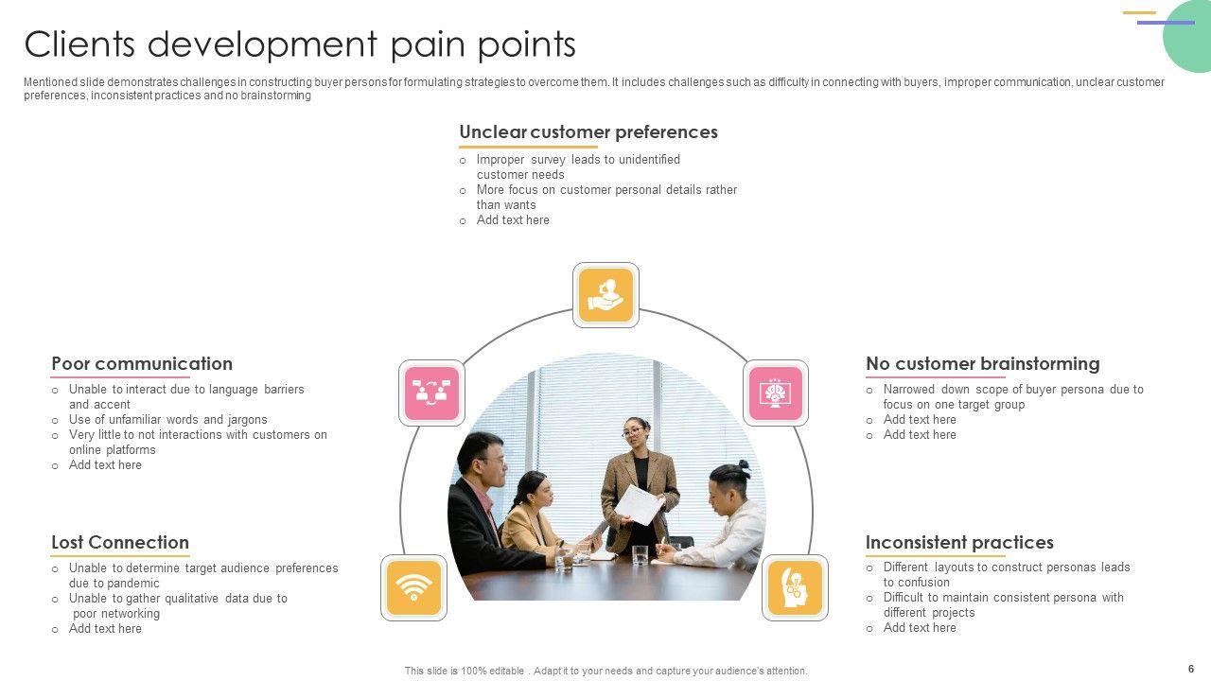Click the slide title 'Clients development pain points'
(x=300, y=44)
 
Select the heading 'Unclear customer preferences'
(x=588, y=132)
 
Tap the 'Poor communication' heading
(x=142, y=364)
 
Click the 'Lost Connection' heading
(x=120, y=543)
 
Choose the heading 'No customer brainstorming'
(x=982, y=364)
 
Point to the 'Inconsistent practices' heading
(x=959, y=543)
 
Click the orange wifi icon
(x=413, y=587)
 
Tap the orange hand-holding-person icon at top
(x=605, y=295)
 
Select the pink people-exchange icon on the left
(x=431, y=393)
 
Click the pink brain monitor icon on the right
(x=776, y=393)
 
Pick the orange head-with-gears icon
(x=795, y=587)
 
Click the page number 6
(x=1191, y=669)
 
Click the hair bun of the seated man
(x=744, y=464)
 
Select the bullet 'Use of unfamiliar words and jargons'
(x=167, y=420)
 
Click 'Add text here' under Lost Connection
(x=105, y=629)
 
